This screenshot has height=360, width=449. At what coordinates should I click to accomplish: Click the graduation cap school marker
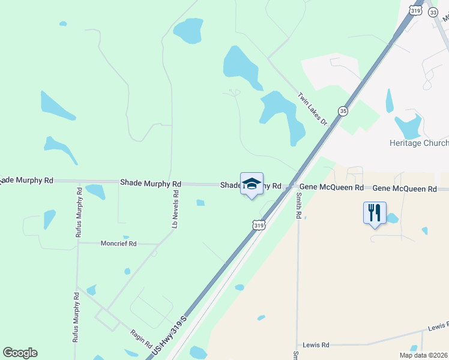[252, 185]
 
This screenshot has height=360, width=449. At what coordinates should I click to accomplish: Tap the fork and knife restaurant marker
[374, 213]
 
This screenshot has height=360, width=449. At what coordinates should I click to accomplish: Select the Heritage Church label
[419, 143]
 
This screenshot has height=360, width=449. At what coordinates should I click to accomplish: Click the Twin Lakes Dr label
[313, 108]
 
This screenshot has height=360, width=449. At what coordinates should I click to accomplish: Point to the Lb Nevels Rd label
[176, 209]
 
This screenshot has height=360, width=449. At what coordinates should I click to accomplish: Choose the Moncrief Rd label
[119, 244]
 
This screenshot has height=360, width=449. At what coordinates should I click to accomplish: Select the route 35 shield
[343, 111]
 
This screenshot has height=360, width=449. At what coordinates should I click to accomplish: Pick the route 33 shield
[433, 11]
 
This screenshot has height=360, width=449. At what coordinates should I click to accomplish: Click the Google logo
[20, 353]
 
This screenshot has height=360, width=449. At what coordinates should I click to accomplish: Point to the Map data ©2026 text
[423, 355]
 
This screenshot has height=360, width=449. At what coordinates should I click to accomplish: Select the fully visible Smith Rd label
[298, 205]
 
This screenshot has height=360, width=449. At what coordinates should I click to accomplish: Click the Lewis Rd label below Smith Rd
[316, 345]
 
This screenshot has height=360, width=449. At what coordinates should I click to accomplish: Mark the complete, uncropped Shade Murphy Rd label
[150, 182]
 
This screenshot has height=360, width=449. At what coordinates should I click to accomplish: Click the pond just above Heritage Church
[408, 127]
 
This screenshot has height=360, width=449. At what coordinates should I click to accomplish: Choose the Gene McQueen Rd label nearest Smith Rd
[332, 188]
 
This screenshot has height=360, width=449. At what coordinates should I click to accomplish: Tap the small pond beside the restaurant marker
[392, 218]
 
